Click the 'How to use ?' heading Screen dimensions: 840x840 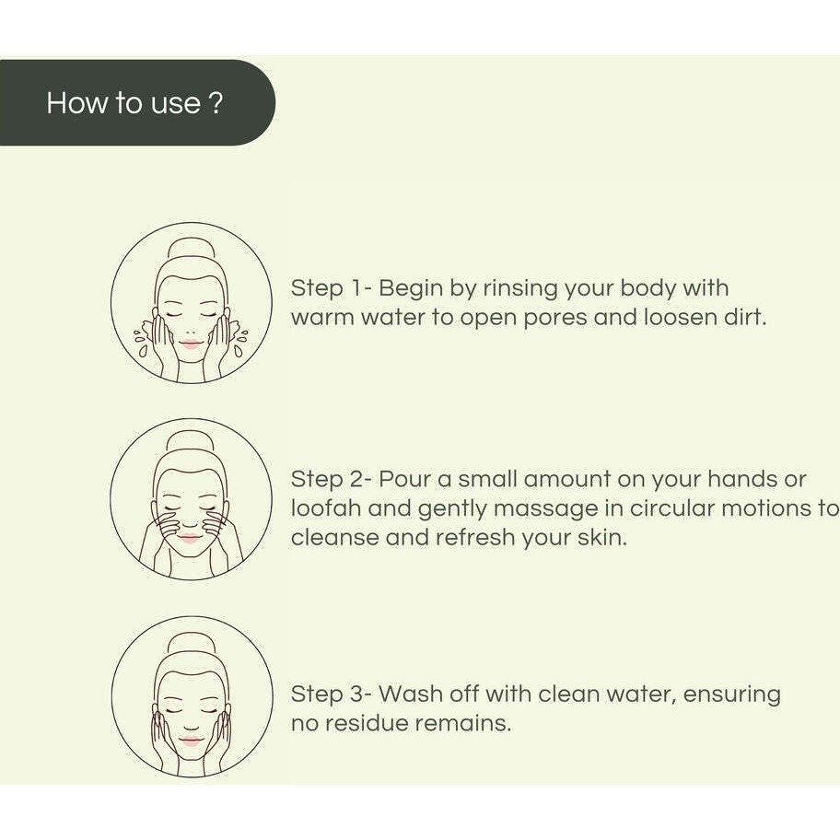click(134, 102)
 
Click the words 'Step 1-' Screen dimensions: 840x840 click(331, 288)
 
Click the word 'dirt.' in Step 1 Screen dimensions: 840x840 click(742, 319)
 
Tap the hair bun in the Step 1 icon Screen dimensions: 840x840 click(192, 246)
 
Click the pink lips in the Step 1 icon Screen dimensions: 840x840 click(191, 344)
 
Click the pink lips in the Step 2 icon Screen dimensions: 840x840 click(191, 537)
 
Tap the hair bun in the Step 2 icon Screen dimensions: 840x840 click(191, 441)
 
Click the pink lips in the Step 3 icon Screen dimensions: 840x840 click(192, 741)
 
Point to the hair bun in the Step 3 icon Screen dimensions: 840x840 click(192, 640)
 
